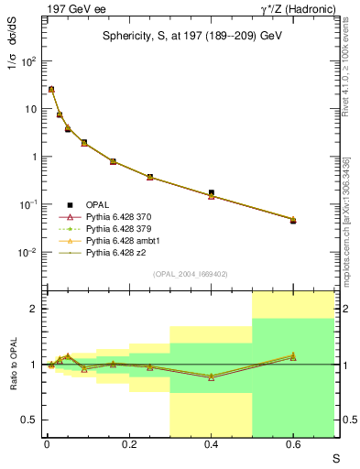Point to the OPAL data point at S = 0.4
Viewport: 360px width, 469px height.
pos(212,193)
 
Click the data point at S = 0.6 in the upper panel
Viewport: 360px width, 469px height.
pos(293,220)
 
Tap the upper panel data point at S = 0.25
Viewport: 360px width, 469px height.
pos(149,177)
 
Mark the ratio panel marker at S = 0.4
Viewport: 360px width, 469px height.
pos(212,376)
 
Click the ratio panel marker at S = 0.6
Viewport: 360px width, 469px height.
pos(293,355)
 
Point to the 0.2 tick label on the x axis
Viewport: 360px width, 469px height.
pos(128,443)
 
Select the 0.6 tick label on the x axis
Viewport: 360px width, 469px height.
pos(293,443)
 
